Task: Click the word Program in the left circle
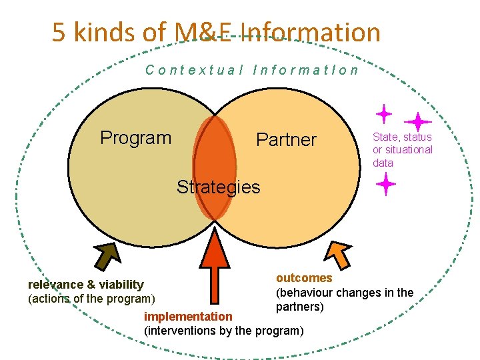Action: coord(135,138)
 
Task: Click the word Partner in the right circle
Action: coord(287,140)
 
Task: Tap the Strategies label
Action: coord(218,187)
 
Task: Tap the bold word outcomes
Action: coord(304,278)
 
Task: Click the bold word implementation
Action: coord(188,317)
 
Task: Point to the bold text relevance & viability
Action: coord(86,285)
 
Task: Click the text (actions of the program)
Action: coord(91,299)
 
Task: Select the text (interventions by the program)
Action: coord(224,331)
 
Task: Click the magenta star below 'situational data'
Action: coord(385,184)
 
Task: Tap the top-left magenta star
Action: coord(383,114)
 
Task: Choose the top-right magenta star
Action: coord(418,122)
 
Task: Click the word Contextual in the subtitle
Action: coord(194,70)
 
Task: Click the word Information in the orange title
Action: coord(311,32)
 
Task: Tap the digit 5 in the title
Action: coord(59,32)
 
